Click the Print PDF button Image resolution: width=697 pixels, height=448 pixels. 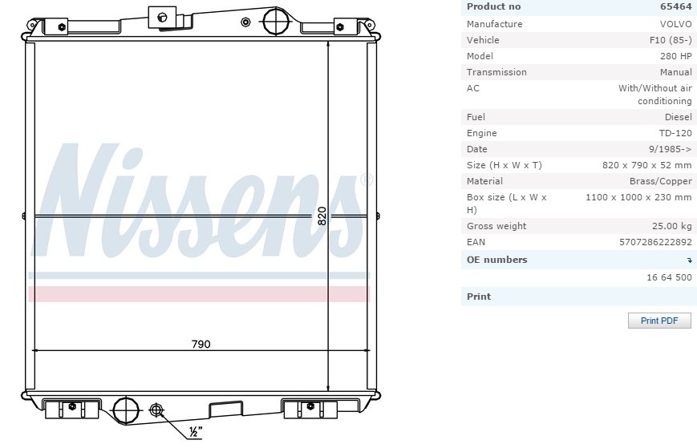(659, 321)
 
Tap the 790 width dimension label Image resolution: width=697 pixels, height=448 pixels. (201, 344)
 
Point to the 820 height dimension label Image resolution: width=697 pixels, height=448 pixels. (322, 216)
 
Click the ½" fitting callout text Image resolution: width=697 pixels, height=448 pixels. (196, 432)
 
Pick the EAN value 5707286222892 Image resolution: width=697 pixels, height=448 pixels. (655, 242)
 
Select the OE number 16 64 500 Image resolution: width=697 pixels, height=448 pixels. (669, 277)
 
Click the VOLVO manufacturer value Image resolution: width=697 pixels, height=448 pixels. (675, 24)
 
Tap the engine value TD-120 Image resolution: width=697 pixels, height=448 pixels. (675, 133)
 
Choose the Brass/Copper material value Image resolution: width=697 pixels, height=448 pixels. (661, 181)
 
